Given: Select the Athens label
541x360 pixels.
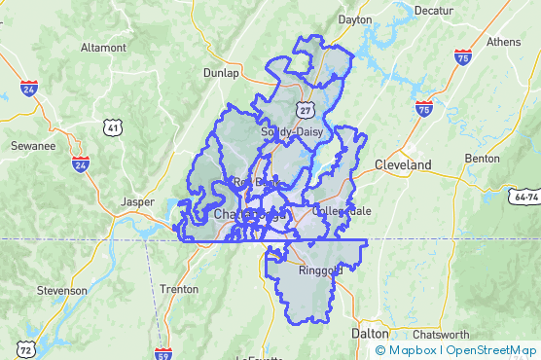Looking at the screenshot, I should pos(503,42).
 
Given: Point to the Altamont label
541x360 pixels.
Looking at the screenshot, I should pos(103,47).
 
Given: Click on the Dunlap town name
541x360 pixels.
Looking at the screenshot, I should pos(221,72).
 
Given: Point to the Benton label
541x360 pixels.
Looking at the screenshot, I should pos(483,158).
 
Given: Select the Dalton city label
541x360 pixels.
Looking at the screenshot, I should pos(369,333).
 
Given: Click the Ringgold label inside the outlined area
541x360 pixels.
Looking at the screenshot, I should pos(320,270).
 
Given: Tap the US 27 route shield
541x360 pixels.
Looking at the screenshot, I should pos(307,102).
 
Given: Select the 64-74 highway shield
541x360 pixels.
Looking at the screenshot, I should pos(524,197).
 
